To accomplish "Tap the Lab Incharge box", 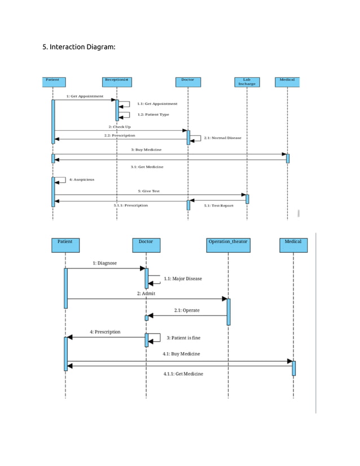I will click(247, 82).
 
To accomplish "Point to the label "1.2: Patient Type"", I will click(153, 115).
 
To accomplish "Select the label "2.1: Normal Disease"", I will click(222, 138).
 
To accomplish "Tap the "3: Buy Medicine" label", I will click(146, 150).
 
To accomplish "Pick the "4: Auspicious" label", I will click(82, 179).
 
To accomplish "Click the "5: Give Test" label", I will click(148, 191).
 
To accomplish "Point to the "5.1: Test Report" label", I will click(218, 206).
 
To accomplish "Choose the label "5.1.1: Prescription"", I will click(131, 205).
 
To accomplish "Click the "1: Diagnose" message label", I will click(105, 263).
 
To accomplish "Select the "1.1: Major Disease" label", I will click(182, 279).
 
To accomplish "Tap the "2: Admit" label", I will click(146, 293).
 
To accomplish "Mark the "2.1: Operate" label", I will click(186, 310).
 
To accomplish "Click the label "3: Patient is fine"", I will click(183, 338).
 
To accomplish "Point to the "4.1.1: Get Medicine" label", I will click(183, 374).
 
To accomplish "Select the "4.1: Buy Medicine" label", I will click(181, 354).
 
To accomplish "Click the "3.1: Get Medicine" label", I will click(147, 167).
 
